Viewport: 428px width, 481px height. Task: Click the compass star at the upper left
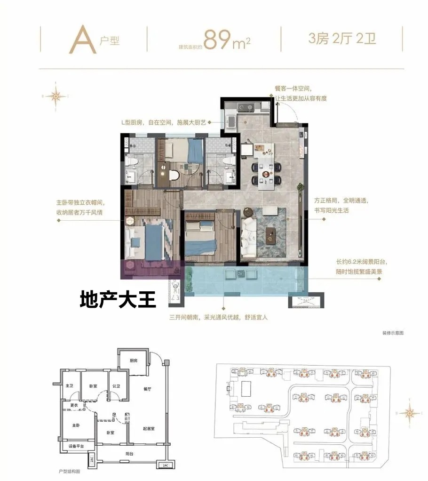(x=55, y=96)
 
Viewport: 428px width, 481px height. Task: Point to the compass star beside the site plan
(x=411, y=413)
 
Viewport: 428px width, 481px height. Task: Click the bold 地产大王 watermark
(x=118, y=300)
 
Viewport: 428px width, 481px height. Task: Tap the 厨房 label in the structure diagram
(x=134, y=361)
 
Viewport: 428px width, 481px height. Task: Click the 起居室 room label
(x=149, y=428)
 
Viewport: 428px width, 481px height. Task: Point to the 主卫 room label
(x=69, y=386)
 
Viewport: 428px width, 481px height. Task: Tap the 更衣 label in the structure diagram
(x=74, y=405)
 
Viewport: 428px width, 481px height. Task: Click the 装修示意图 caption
(x=393, y=333)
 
